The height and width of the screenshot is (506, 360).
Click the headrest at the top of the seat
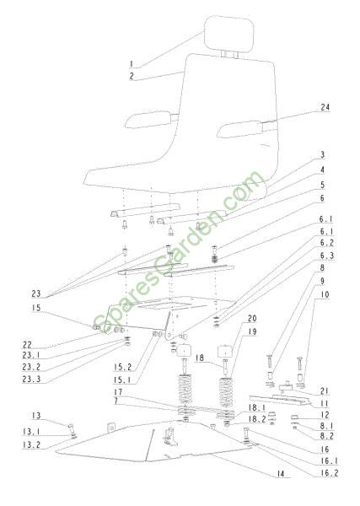point(229,34)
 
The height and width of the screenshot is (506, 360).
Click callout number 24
point(325,107)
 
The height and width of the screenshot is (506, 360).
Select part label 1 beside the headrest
point(131,64)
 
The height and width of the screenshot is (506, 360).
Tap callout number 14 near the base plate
point(281,474)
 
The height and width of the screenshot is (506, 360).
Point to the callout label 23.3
point(31,379)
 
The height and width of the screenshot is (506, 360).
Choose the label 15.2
point(122,367)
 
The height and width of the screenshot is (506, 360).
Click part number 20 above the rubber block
point(252,319)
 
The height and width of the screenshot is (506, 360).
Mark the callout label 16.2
point(330,473)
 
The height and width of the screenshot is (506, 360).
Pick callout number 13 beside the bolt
point(36,415)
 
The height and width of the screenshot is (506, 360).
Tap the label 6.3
point(327,256)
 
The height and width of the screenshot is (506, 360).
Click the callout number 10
point(325,294)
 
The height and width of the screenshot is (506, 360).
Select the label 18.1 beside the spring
point(257,408)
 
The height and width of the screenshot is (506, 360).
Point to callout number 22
point(28,345)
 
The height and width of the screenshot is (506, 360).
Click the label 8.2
point(327,436)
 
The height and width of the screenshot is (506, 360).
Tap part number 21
point(325,391)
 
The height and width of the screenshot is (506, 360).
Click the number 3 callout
point(322,155)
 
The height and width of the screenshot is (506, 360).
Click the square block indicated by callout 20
point(225,352)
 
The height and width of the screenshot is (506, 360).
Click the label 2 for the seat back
point(132,77)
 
